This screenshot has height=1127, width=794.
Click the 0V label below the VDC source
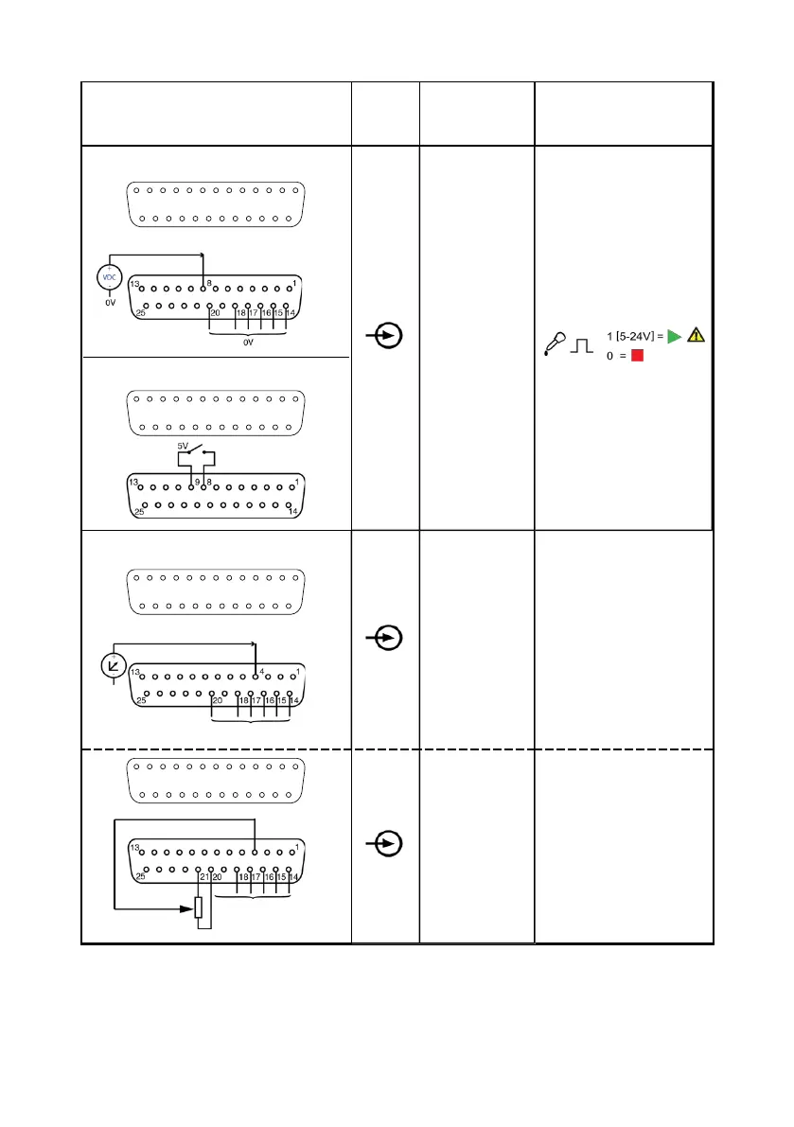coord(111,305)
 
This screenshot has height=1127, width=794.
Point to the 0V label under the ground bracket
coord(249,344)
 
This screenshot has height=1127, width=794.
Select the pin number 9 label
coord(197,483)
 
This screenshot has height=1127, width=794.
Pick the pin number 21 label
coord(203,877)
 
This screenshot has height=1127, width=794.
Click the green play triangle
coord(674,336)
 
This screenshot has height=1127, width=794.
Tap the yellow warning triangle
coord(697,335)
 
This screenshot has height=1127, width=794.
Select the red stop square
coord(637,357)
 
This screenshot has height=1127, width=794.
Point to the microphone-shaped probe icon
coord(556,343)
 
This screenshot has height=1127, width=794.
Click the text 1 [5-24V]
coord(635,337)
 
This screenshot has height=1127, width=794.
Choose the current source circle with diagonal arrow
coord(114,665)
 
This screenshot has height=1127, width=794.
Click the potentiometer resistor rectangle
coord(198,907)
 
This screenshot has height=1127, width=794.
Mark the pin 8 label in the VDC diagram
coord(208,282)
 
